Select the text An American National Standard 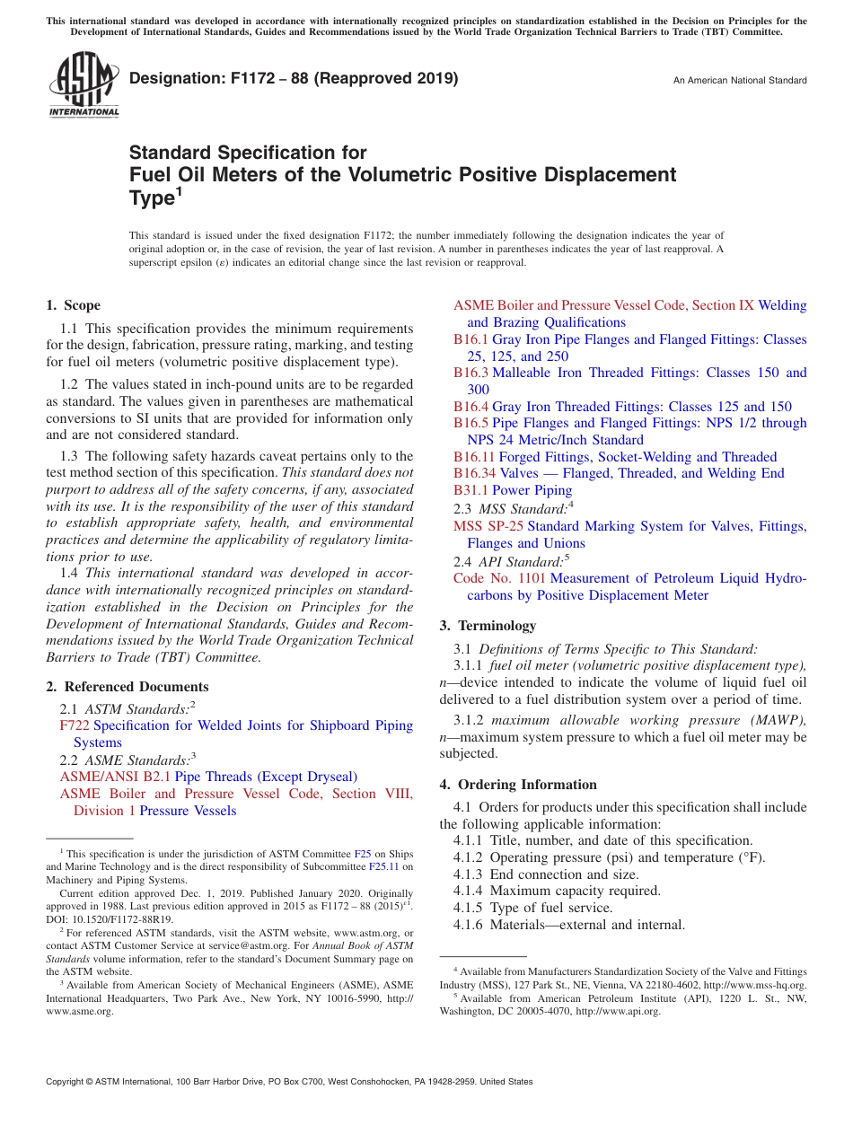[x=739, y=81]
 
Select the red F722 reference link [x=75, y=725]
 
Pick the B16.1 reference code [x=470, y=339]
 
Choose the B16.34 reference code [x=474, y=473]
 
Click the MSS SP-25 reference [x=488, y=526]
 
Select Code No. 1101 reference [x=499, y=578]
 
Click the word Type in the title [x=151, y=198]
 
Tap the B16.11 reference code [x=474, y=457]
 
